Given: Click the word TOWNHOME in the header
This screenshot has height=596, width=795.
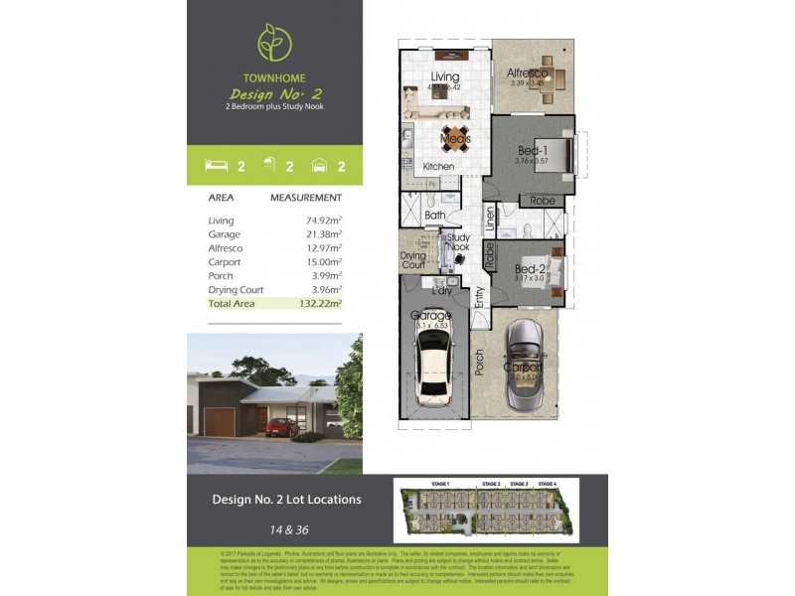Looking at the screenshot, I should point(273,77).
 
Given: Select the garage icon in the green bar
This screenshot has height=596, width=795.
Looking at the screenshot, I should point(319,165).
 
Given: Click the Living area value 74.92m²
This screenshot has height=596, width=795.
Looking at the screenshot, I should point(324,220).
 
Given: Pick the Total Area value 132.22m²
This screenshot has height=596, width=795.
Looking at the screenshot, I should point(322,303).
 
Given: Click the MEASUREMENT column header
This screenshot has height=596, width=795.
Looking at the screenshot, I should point(306,198).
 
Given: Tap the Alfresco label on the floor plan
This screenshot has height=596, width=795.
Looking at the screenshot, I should point(528,73).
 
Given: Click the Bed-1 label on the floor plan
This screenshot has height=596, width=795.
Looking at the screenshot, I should point(533,150).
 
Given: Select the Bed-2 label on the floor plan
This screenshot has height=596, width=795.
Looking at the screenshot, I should point(530,268).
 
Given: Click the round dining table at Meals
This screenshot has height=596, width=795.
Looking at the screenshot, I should point(455,137).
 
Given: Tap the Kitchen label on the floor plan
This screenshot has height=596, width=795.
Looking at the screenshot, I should point(438,167).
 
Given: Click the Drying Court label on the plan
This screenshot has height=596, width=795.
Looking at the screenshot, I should point(413,260).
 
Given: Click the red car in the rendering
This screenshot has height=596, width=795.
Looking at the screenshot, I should point(280,427).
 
